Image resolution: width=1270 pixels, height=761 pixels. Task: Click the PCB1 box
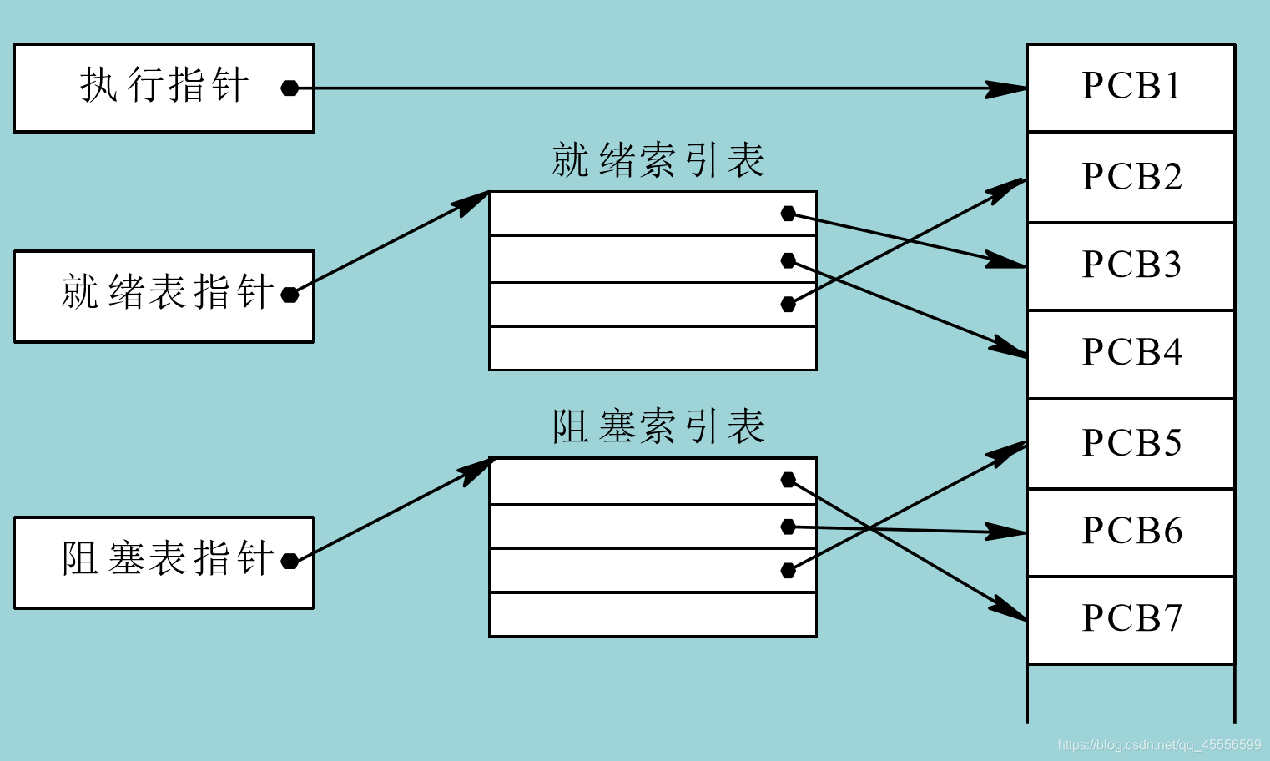pos(1131,88)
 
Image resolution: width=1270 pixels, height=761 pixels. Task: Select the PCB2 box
pos(1131,177)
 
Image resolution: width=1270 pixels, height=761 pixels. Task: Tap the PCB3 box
pos(1131,265)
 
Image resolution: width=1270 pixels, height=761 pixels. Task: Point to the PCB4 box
pos(1131,353)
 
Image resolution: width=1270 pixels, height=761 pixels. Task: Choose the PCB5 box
pos(1131,443)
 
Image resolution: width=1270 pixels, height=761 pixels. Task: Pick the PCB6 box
pos(1131,532)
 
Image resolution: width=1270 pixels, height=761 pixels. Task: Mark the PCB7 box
pos(1131,619)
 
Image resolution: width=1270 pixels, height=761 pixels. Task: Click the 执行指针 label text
pos(164,86)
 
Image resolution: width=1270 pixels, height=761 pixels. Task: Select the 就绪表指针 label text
pos(167,292)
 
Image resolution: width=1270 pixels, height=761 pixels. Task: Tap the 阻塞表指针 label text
pos(167,558)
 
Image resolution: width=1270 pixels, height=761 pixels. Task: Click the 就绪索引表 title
pos(658,160)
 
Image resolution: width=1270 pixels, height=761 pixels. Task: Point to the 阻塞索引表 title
pos(658,426)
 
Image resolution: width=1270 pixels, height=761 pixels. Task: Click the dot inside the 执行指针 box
pos(290,88)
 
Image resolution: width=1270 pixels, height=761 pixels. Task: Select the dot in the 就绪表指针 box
pos(290,295)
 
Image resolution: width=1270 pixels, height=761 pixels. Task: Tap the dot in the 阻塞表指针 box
pos(290,561)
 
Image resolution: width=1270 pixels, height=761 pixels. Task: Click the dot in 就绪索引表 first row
pos(788,214)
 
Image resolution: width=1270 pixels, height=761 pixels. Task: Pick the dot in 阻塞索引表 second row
pos(788,527)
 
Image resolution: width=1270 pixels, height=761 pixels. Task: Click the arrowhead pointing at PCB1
pos(1005,88)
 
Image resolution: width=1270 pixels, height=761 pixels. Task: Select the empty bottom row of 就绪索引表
pos(652,348)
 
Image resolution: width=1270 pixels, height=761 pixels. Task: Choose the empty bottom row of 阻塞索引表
pos(652,614)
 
